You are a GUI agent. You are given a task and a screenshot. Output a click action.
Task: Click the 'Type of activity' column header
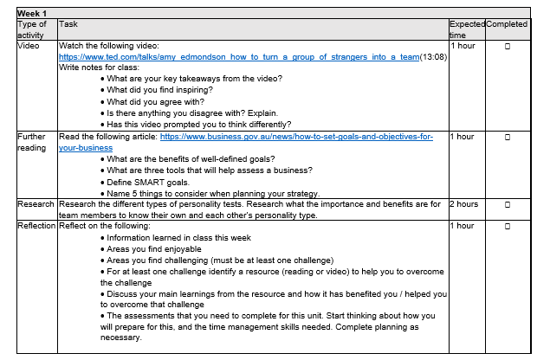pos(32,29)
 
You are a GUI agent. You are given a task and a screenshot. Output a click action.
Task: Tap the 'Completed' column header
pos(507,24)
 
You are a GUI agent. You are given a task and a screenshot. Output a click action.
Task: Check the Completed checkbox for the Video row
pos(507,46)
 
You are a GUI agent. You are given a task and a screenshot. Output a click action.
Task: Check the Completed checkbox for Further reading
pos(507,138)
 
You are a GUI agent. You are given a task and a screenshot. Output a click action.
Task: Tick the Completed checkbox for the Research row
pos(507,205)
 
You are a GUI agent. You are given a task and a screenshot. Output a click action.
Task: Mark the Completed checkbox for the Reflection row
pos(507,227)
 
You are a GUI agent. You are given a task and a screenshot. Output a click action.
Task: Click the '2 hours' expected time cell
pos(464,205)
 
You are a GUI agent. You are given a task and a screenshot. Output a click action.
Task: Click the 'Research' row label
pos(36,204)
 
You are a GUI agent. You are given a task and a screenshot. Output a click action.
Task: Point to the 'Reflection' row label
pos(37,226)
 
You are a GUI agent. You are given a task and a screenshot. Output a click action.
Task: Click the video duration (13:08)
pos(433,56)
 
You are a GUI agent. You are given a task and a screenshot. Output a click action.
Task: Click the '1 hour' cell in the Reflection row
pos(463,226)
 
